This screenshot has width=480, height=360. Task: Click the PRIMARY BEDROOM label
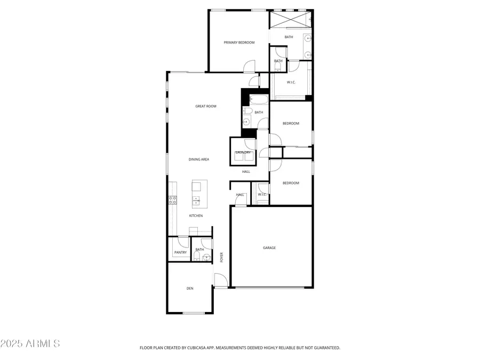239,42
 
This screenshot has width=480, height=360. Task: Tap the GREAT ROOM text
206,106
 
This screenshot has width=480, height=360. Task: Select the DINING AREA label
198,159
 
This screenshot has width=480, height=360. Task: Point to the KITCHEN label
196,215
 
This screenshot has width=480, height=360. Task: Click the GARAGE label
269,247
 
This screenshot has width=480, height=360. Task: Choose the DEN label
190,289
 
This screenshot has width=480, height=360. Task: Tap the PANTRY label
180,252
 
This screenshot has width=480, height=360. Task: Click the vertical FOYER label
221,258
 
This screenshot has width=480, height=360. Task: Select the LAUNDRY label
243,153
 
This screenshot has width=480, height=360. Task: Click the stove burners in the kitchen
173,200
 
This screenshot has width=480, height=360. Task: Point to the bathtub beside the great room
259,99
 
